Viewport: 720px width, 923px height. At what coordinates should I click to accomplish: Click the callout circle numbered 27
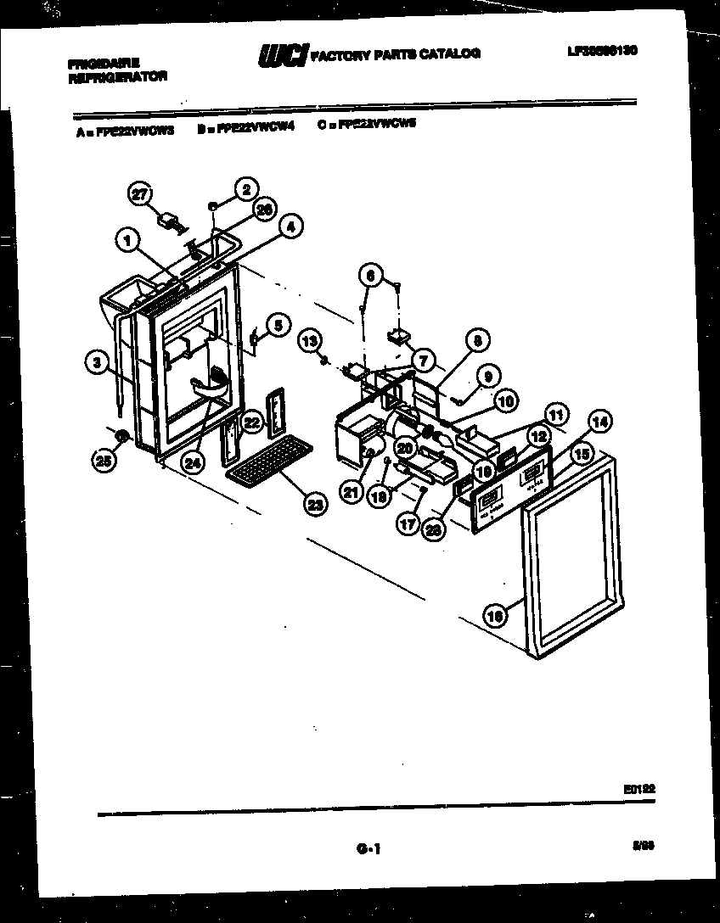pos(138,193)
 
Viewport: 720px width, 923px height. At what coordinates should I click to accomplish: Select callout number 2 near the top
pos(245,188)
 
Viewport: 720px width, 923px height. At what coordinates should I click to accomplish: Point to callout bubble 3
pos(98,362)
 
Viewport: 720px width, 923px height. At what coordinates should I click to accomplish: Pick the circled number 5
pos(277,323)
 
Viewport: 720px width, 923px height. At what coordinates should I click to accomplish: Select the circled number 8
pos(476,341)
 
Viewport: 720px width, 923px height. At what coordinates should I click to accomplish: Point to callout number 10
pos(506,401)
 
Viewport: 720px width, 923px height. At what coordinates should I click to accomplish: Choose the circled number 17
pos(408,524)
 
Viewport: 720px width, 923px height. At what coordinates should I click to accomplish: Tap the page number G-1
pos(368,847)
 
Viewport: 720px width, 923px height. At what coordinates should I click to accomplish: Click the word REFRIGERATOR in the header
pos(118,76)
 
